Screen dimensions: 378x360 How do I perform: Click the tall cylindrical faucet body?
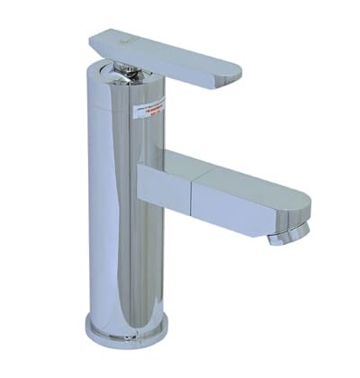(117, 207)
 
